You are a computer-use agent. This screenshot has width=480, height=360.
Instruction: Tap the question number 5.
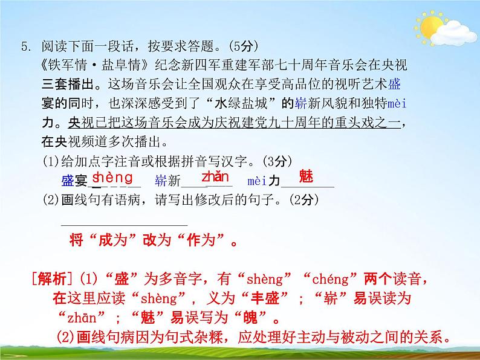tap(25, 46)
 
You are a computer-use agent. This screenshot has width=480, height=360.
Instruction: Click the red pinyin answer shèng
tap(112, 177)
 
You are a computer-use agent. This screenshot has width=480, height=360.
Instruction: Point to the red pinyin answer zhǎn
tap(215, 177)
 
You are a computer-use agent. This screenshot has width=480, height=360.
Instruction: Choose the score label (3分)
tap(279, 161)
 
